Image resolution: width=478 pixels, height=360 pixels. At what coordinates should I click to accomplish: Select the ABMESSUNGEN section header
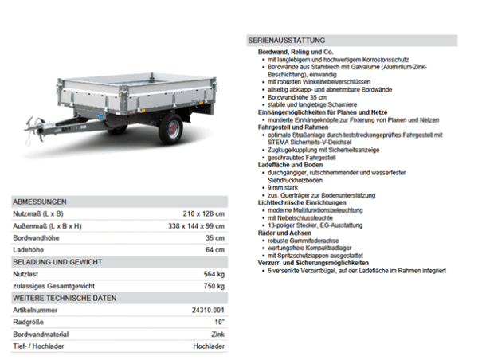[x=40, y=202]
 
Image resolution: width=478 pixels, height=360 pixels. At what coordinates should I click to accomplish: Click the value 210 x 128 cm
[x=203, y=214]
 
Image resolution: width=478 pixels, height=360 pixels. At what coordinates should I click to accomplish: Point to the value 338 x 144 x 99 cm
[x=197, y=226]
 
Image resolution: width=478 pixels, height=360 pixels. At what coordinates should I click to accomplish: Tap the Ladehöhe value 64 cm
[x=214, y=250]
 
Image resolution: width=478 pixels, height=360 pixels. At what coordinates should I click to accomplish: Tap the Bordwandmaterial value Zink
[x=217, y=334]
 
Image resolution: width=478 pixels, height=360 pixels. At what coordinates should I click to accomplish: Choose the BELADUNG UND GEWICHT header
[x=56, y=262]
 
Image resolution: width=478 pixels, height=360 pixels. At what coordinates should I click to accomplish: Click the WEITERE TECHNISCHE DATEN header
[x=65, y=298]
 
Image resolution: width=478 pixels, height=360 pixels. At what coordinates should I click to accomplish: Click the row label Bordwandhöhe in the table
[x=37, y=238]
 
